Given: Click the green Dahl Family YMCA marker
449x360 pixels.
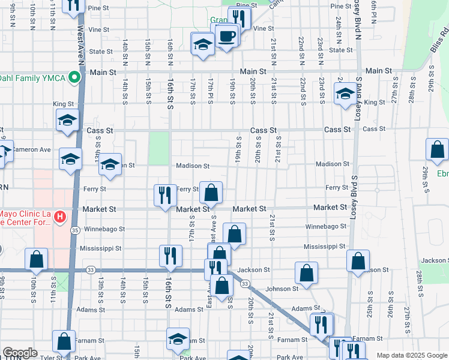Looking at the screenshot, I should coord(74,77).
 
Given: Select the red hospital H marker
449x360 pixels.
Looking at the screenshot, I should coord(60,216).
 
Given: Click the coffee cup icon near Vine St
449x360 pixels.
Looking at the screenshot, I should coord(226,37).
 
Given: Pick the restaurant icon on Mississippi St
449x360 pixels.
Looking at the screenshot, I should coord(170,256).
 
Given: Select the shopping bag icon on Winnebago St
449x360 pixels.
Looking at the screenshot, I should coord(234,234).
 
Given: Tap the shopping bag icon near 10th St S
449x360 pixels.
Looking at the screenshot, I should coord(36,259).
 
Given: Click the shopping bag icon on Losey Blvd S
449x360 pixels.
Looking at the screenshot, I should coord(358,262).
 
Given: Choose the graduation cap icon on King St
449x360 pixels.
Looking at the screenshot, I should coord(345,94).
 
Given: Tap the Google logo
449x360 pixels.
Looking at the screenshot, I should coord(20,353).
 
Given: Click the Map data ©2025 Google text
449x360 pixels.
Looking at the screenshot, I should coord(412,355).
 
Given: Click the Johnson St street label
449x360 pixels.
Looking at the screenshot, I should coord(282,289).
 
